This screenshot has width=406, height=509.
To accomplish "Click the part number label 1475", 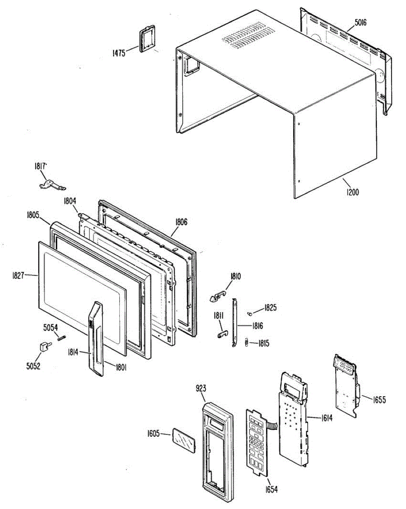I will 119,53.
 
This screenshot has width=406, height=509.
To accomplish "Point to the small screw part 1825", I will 250,313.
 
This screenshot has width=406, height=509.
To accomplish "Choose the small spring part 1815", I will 246,343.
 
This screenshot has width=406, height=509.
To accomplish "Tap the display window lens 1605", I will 183,441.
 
